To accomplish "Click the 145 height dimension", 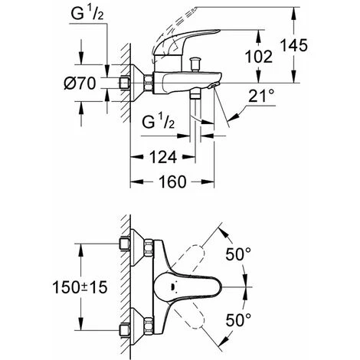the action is tap(294, 46).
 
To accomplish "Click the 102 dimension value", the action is tap(259, 57).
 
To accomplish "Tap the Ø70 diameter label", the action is tap(80, 83).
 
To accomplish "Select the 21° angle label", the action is tap(261, 96).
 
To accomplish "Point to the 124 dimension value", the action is tap(163, 157).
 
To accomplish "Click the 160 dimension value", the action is tap(172, 182).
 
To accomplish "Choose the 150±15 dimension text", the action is tap(80, 287).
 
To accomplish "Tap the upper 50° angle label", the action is tap(238, 254).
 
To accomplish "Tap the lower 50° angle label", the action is tap(238, 319).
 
